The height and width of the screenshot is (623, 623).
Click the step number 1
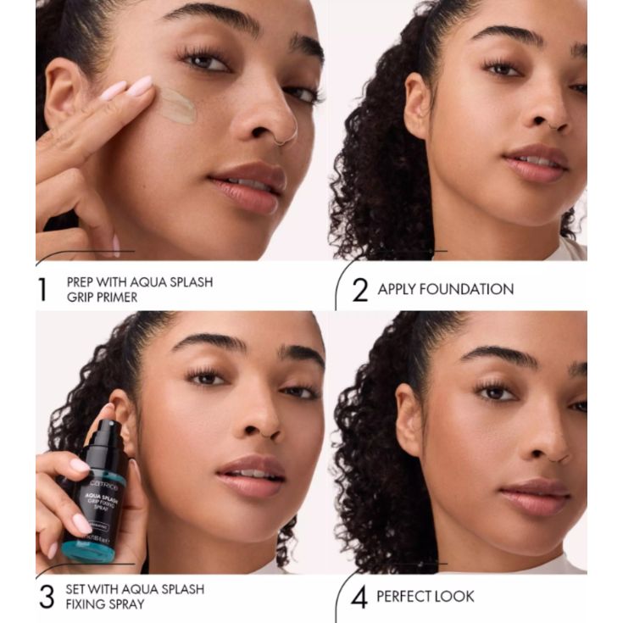coord(42,288)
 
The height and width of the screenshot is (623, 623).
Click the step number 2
coord(360,289)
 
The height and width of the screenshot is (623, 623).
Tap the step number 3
coord(47,596)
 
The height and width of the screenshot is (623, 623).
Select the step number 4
coord(360,597)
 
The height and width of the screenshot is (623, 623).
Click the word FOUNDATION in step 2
coord(470,289)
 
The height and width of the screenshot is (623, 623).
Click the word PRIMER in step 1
coord(125,298)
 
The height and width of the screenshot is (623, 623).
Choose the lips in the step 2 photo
coord(538,163)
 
